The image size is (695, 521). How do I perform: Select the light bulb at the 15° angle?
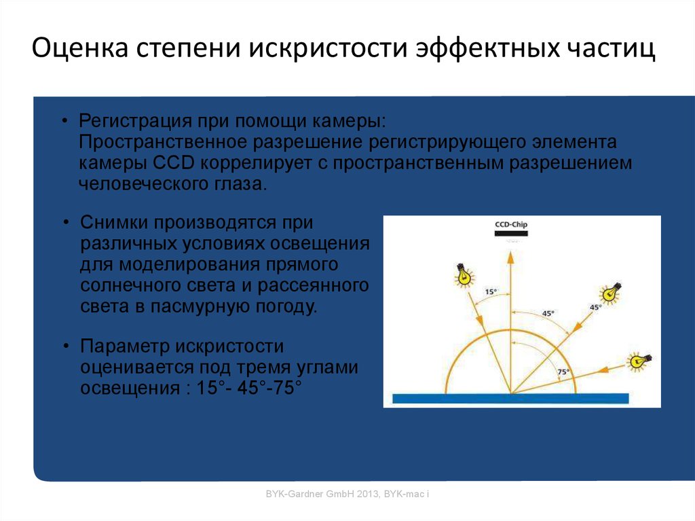464,274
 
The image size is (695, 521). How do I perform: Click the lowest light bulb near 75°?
637,360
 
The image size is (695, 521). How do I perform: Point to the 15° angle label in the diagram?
491,291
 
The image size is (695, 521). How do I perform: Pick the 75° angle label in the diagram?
563,372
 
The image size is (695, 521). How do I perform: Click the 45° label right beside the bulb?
595,307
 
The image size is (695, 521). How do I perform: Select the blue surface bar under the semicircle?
510,399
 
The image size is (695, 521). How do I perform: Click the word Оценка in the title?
81,50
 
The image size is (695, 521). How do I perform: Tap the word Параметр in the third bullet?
124,346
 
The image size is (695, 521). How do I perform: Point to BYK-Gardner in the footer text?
293,495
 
